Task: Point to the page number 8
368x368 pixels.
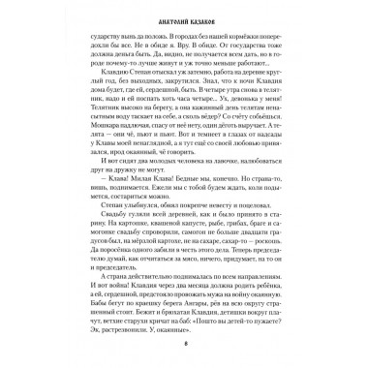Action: tap(183, 346)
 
